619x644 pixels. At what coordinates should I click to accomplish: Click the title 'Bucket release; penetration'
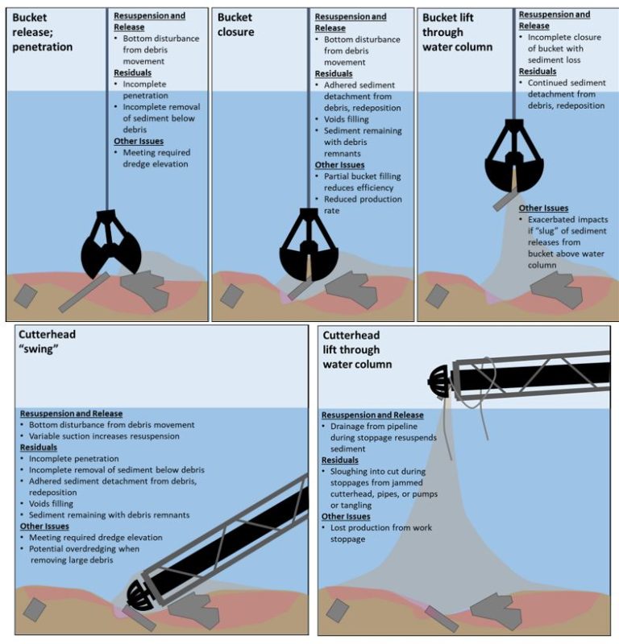(40, 32)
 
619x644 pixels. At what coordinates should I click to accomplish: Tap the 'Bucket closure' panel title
(235, 25)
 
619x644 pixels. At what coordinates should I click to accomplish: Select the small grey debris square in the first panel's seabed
(25, 295)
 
